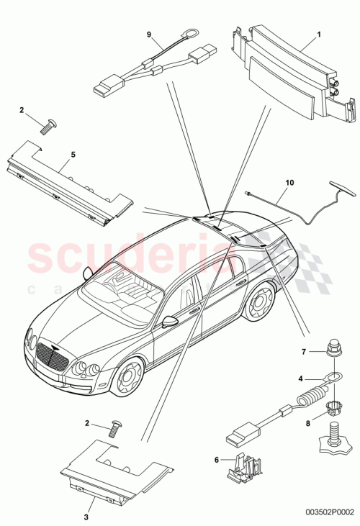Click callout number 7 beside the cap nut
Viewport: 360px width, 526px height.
pos(304,352)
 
